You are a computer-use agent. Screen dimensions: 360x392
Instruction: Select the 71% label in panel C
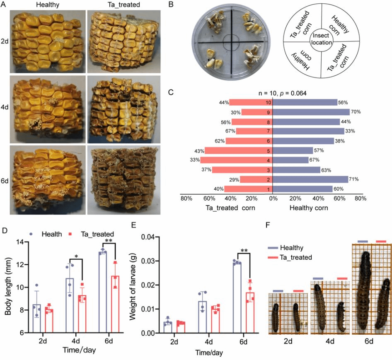click(353, 179)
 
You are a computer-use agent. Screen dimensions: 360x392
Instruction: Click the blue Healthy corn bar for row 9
click(310, 112)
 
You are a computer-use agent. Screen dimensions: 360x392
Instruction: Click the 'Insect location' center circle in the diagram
click(322, 39)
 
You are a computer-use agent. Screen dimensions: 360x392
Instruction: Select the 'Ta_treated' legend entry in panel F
click(295, 257)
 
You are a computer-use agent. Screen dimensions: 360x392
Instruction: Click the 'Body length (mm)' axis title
click(9, 280)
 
